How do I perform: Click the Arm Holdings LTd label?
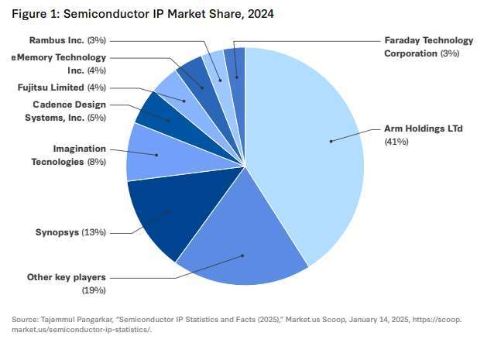[x=423, y=129]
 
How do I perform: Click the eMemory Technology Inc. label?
[x=60, y=63]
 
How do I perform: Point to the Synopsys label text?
[x=59, y=232]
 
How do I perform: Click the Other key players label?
[x=66, y=277]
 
